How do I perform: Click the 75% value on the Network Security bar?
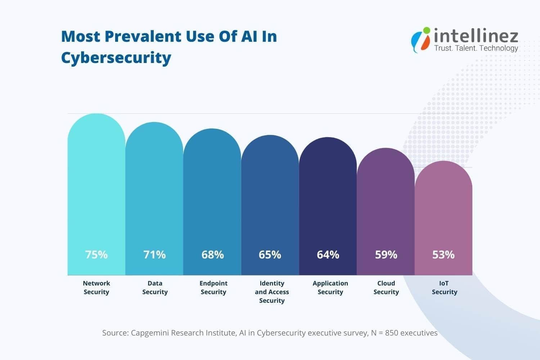click(96, 255)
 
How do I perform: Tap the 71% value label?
click(154, 255)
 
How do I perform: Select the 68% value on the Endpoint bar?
click(212, 255)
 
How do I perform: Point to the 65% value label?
click(270, 255)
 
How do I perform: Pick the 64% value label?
click(328, 255)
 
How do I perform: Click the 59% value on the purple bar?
click(386, 255)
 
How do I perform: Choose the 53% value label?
click(443, 255)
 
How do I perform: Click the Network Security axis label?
click(96, 288)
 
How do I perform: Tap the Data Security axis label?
click(155, 288)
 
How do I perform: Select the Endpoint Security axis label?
click(213, 288)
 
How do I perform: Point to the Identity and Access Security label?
click(272, 292)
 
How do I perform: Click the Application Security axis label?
click(330, 288)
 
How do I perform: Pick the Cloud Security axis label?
click(386, 288)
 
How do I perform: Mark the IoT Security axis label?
click(444, 288)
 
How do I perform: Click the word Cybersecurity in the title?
click(116, 58)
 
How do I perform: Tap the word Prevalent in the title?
click(143, 36)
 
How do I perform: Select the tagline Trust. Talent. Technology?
click(476, 48)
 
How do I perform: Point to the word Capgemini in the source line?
click(149, 333)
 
